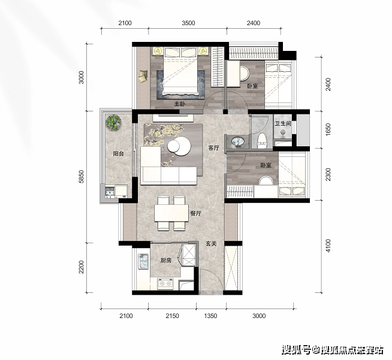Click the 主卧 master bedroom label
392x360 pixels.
click(x=180, y=104)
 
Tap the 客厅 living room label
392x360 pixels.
click(x=214, y=148)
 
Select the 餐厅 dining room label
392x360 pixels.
click(x=196, y=213)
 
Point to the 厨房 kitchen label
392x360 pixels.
click(x=166, y=261)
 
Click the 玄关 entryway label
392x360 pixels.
click(x=211, y=244)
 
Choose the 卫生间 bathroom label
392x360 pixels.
click(x=283, y=123)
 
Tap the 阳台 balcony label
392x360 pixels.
click(x=118, y=153)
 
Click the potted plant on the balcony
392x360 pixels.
click(x=114, y=122)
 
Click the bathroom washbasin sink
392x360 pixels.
click(x=237, y=141)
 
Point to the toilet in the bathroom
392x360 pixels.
click(x=262, y=141)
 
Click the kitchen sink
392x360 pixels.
click(x=143, y=261)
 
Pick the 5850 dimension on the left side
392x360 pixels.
click(x=81, y=177)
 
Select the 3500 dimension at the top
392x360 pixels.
click(x=188, y=23)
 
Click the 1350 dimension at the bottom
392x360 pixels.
click(x=210, y=316)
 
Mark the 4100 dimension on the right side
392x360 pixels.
click(x=328, y=246)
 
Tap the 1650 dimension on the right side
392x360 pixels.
click(x=328, y=129)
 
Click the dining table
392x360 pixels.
click(x=171, y=213)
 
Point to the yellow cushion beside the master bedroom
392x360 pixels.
click(x=143, y=76)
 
